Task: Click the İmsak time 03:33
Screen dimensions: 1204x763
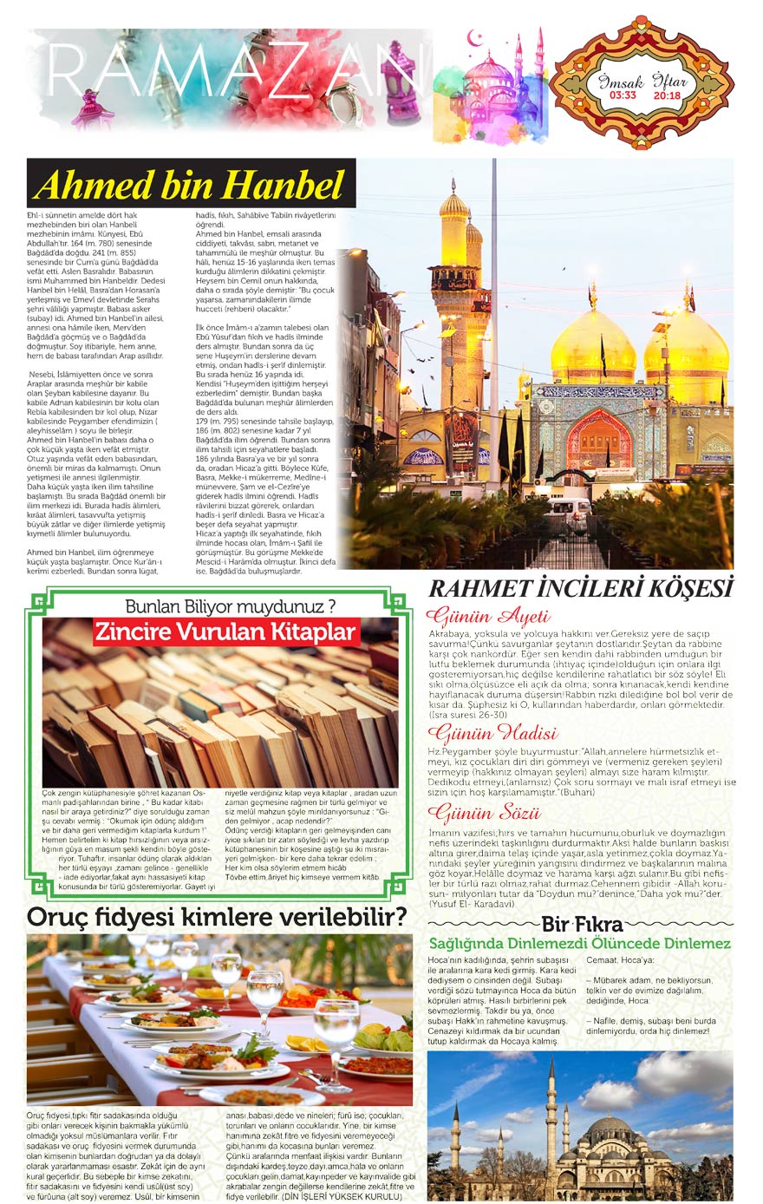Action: (x=622, y=95)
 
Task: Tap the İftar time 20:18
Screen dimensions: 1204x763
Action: (x=667, y=95)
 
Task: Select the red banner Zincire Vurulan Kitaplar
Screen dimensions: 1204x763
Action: (x=225, y=631)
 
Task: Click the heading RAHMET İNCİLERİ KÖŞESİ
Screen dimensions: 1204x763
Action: (x=581, y=588)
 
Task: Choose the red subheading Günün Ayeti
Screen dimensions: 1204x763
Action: (x=488, y=618)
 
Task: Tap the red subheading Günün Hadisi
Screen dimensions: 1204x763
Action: (x=492, y=733)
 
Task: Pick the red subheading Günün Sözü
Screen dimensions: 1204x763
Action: (x=484, y=814)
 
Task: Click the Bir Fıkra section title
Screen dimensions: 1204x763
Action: (x=582, y=924)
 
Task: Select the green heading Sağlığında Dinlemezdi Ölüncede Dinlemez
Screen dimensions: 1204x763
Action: (x=580, y=944)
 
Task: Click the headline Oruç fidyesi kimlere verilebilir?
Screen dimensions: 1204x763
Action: (x=217, y=917)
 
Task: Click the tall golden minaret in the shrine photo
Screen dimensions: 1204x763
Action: (x=454, y=286)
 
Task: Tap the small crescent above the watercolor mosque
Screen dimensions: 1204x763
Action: (x=474, y=38)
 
